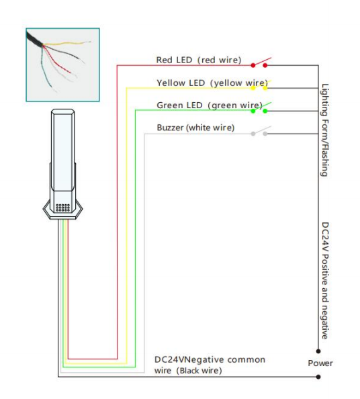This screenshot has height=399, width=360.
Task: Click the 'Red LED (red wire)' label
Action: (x=199, y=60)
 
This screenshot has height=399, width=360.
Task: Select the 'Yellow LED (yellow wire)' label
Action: (x=212, y=83)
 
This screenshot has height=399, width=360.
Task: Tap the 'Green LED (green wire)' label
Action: (x=210, y=105)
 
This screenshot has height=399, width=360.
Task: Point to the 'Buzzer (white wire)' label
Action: (x=195, y=128)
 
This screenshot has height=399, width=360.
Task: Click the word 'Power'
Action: (x=320, y=363)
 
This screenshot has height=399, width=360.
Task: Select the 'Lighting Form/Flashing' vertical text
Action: (x=324, y=130)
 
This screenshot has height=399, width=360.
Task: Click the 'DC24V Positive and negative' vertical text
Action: (x=325, y=280)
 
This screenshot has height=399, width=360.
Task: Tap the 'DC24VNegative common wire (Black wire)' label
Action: (x=210, y=365)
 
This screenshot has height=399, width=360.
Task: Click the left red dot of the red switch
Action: (x=253, y=65)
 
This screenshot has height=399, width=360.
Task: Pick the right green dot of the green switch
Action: (x=265, y=111)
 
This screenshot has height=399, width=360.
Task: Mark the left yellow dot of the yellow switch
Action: (x=253, y=88)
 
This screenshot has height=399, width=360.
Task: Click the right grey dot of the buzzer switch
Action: (x=265, y=134)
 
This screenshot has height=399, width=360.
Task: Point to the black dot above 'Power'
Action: (x=318, y=351)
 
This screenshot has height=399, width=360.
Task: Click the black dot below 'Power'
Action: (x=318, y=377)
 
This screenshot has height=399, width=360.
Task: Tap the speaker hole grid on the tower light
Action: (x=62, y=208)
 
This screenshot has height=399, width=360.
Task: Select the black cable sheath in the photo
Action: (x=34, y=40)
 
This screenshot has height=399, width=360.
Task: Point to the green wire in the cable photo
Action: (x=45, y=68)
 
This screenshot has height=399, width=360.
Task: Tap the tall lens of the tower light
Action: (x=62, y=150)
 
